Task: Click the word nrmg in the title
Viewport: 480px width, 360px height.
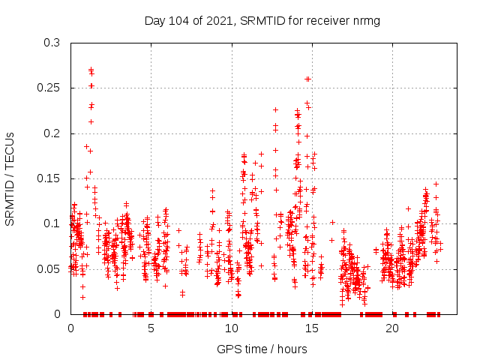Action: coord(366,20)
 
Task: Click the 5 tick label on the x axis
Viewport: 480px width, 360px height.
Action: coord(151,328)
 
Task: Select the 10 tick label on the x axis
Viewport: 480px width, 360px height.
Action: coord(231,328)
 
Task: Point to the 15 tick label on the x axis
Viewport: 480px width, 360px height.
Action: coord(311,328)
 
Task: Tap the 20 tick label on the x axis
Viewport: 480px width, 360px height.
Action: coord(391,328)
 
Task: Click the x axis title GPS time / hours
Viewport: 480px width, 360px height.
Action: coord(262,349)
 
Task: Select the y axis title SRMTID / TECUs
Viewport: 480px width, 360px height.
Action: coord(10,178)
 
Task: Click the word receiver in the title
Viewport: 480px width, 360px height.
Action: coord(325,20)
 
